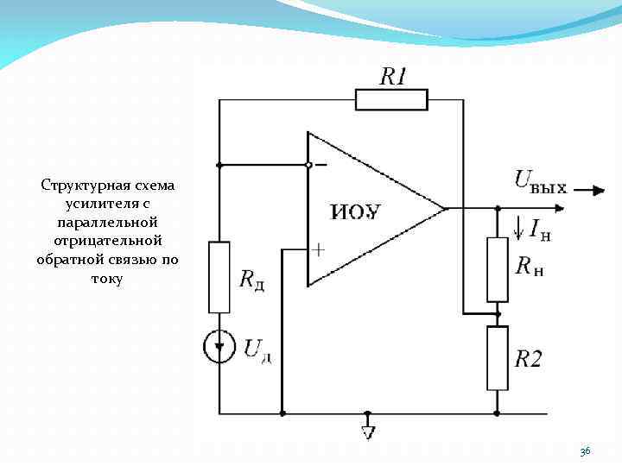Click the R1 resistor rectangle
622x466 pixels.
pos(391,100)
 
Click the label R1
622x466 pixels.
pos(393,77)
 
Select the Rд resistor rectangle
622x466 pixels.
pos(219,277)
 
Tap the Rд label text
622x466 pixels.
pos(251,280)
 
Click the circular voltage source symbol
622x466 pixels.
pos(219,347)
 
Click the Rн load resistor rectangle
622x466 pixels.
pos(498,268)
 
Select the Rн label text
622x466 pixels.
pos(529,267)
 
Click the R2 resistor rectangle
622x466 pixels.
pos(498,357)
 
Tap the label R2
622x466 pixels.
pos(529,359)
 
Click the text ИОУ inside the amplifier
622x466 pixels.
pos(356,212)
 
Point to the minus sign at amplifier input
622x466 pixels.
pos(321,164)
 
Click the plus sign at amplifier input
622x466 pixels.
pos(319,250)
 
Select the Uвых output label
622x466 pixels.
pos(541,181)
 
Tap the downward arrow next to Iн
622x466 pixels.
pos(518,228)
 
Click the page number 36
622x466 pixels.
pos(585,451)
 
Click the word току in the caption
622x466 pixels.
pos(107,279)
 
